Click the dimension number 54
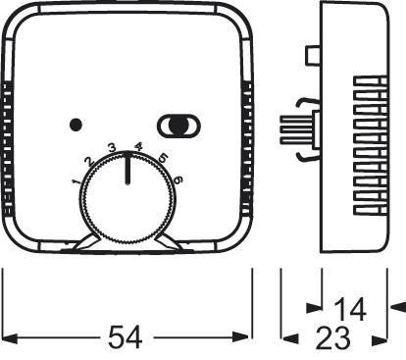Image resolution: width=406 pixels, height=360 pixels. point(126,338)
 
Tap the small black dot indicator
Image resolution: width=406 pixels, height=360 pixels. point(76,125)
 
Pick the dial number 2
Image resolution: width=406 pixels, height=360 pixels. point(89,161)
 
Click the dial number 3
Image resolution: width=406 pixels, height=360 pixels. point(112,149)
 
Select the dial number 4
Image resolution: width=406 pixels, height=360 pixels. point(138,148)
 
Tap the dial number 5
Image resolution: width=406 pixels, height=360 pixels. point(162,159)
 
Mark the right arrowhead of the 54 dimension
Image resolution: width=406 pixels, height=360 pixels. point(246,338)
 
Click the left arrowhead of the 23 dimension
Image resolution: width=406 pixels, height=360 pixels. point(290,338)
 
